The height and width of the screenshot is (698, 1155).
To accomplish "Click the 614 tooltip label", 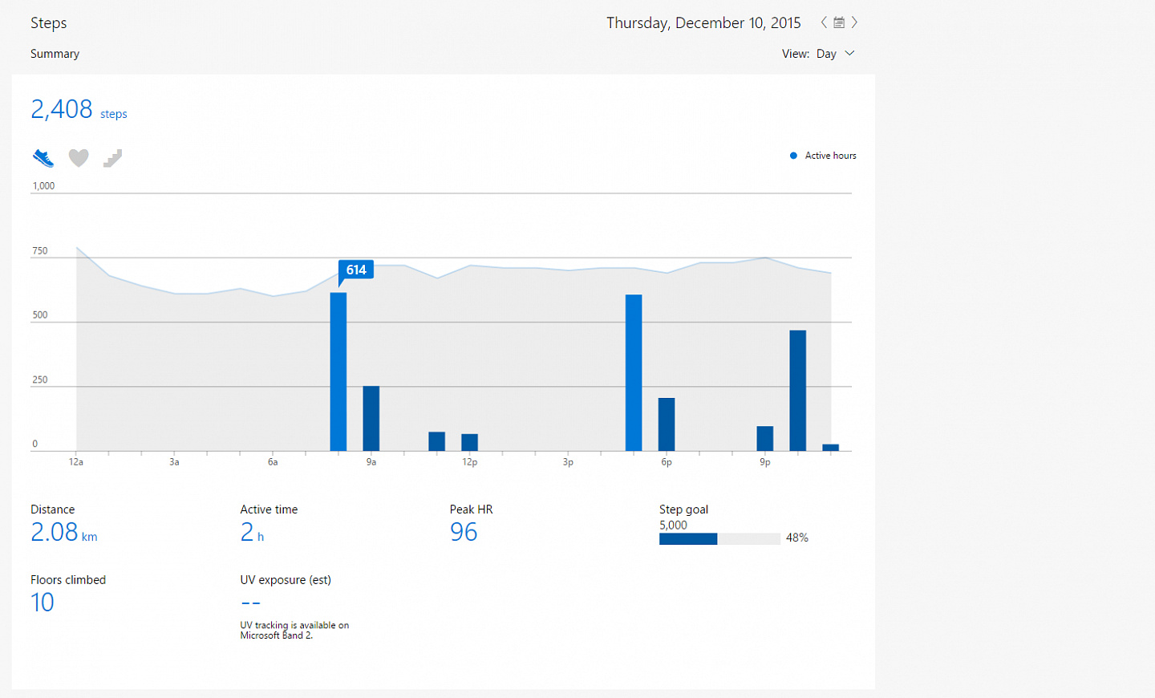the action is (356, 270).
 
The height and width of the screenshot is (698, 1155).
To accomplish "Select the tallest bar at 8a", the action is (338, 371).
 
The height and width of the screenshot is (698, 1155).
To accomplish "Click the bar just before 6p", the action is (634, 372).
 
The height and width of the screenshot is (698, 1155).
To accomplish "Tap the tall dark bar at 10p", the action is (797, 391).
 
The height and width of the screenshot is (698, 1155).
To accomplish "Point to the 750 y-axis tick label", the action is (40, 251).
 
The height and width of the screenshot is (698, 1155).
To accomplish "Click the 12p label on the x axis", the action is (469, 462).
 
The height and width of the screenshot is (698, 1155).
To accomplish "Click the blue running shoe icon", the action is (43, 158).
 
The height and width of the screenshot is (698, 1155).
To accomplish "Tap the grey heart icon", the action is (79, 158).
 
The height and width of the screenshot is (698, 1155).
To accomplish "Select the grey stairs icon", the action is (112, 158).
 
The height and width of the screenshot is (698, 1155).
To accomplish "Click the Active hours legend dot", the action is (793, 156).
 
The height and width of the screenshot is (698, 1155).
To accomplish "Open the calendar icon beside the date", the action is (839, 22).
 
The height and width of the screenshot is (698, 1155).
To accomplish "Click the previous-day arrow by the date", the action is (824, 22).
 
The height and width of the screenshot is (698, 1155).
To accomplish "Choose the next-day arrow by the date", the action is (854, 22).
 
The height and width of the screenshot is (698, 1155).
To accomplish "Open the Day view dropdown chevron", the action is (849, 53).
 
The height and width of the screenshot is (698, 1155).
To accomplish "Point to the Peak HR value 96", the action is (464, 532).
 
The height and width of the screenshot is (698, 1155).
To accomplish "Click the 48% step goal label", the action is (796, 538).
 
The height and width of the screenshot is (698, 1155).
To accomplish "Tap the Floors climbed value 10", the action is (43, 602).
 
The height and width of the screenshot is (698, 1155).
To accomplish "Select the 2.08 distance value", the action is (55, 532).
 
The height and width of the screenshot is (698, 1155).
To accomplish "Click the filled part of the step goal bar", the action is (688, 538).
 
